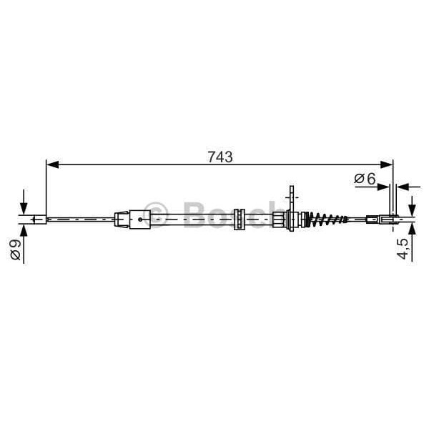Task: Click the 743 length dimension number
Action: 221,157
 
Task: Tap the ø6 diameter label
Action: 365,179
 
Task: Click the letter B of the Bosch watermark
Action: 196,214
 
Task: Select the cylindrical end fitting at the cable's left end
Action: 36,219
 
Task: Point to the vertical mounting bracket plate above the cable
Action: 290,195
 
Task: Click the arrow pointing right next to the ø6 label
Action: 384,187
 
